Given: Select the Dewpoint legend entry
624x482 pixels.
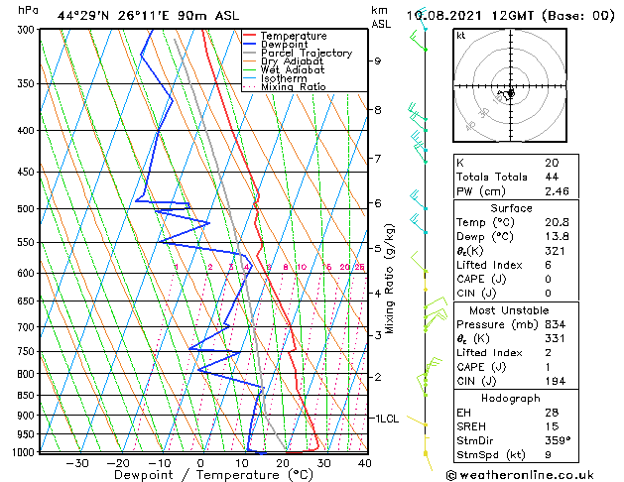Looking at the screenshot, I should pos(284,45).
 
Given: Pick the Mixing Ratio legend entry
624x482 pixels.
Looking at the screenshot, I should pos(293,87).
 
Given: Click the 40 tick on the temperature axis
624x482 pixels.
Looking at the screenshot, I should pos(364,463).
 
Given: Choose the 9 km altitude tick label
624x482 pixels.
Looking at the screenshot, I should pos(377,60).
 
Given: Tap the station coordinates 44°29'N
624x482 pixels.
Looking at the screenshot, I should pos(83,16).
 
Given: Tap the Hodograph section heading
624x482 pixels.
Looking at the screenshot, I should pos(511,398).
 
